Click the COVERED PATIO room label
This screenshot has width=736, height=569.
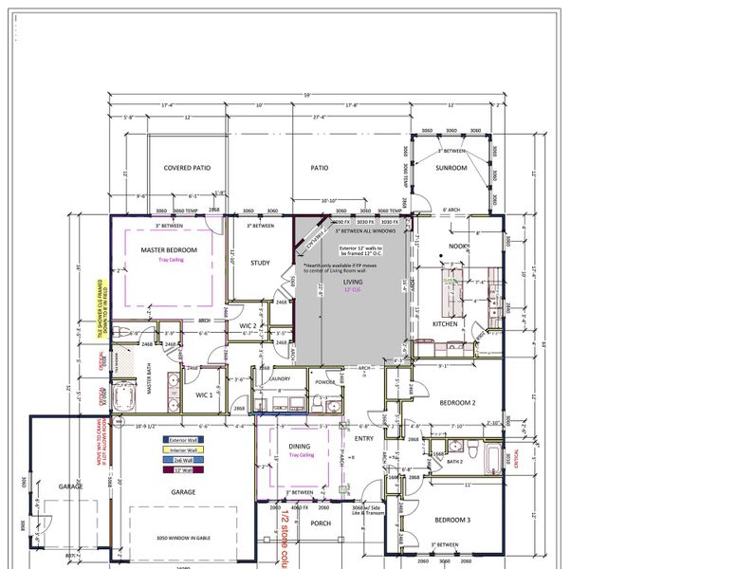point(187,168)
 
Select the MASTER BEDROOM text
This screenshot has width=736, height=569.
point(169,249)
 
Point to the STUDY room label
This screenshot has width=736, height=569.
point(261,263)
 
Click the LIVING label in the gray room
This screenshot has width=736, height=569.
point(353,282)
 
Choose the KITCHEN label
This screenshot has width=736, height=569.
point(445,323)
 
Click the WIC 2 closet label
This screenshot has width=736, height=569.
point(248,325)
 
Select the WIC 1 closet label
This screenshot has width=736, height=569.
point(204,394)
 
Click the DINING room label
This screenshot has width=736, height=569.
point(301,446)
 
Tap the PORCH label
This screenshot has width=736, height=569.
point(320,523)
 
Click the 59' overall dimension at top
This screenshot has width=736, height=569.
point(305,94)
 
